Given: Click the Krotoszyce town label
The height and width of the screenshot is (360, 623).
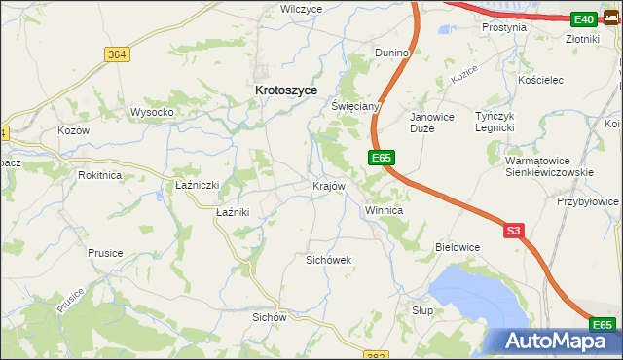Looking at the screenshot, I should (x=285, y=89).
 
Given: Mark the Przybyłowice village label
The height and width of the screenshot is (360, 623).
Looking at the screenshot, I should (x=588, y=201).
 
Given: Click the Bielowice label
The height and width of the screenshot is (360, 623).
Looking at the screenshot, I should (x=458, y=247).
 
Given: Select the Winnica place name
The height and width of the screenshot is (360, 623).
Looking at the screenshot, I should (x=384, y=210).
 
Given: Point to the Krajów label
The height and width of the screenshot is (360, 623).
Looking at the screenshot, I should (x=328, y=186).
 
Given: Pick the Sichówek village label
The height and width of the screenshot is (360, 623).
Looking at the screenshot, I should (x=328, y=260).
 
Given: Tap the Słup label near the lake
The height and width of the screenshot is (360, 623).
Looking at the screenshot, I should (x=421, y=309).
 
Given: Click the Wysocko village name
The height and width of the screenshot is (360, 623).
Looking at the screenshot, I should (x=152, y=112).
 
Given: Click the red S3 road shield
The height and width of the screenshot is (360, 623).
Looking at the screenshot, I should (x=514, y=231).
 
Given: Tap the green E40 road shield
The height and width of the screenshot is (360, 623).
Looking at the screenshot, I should (x=584, y=19).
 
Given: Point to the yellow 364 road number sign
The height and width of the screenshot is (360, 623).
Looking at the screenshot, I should (x=118, y=54).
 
